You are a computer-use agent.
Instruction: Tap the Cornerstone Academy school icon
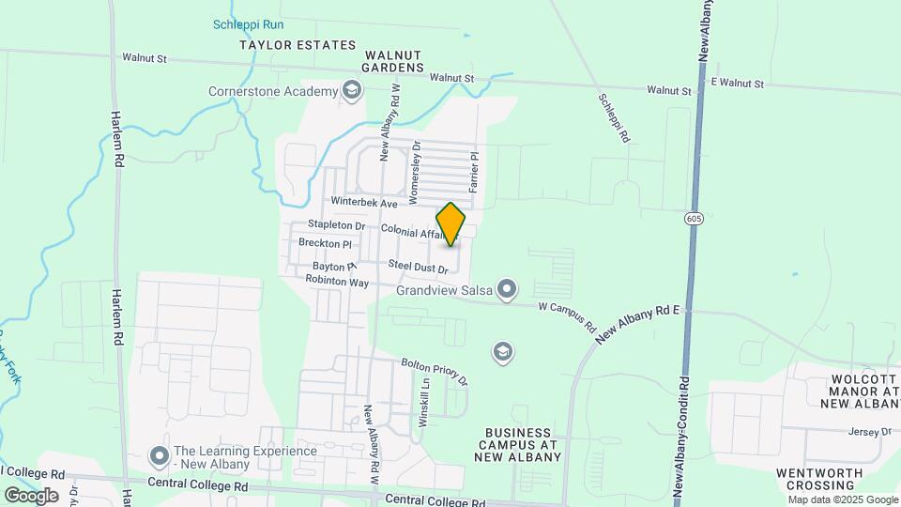click(x=352, y=90)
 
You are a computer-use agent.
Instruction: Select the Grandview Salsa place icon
click(x=507, y=288)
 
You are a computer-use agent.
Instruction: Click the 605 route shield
click(x=694, y=219)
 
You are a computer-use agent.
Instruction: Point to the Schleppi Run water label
click(x=248, y=24)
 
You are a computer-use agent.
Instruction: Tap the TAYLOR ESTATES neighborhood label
click(x=298, y=45)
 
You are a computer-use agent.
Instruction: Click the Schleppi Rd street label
click(x=613, y=117)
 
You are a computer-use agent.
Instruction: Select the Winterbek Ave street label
click(x=365, y=203)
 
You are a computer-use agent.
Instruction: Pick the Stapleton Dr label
click(x=337, y=225)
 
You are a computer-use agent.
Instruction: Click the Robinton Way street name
click(x=338, y=282)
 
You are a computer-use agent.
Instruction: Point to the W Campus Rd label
click(x=567, y=317)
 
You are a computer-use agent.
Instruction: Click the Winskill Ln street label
click(x=423, y=410)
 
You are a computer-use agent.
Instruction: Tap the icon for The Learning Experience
click(x=159, y=456)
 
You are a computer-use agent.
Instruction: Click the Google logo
click(x=31, y=495)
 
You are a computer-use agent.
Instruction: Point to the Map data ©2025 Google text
click(x=830, y=499)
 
